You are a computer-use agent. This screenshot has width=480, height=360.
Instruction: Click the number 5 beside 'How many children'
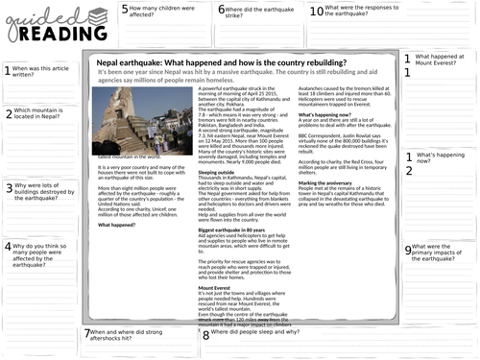(x=125, y=10)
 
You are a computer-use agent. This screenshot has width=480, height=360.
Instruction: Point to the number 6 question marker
(x=222, y=10)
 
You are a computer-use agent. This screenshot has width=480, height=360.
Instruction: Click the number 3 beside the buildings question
(x=8, y=189)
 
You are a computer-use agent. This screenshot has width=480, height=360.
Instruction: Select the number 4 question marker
(x=8, y=248)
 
